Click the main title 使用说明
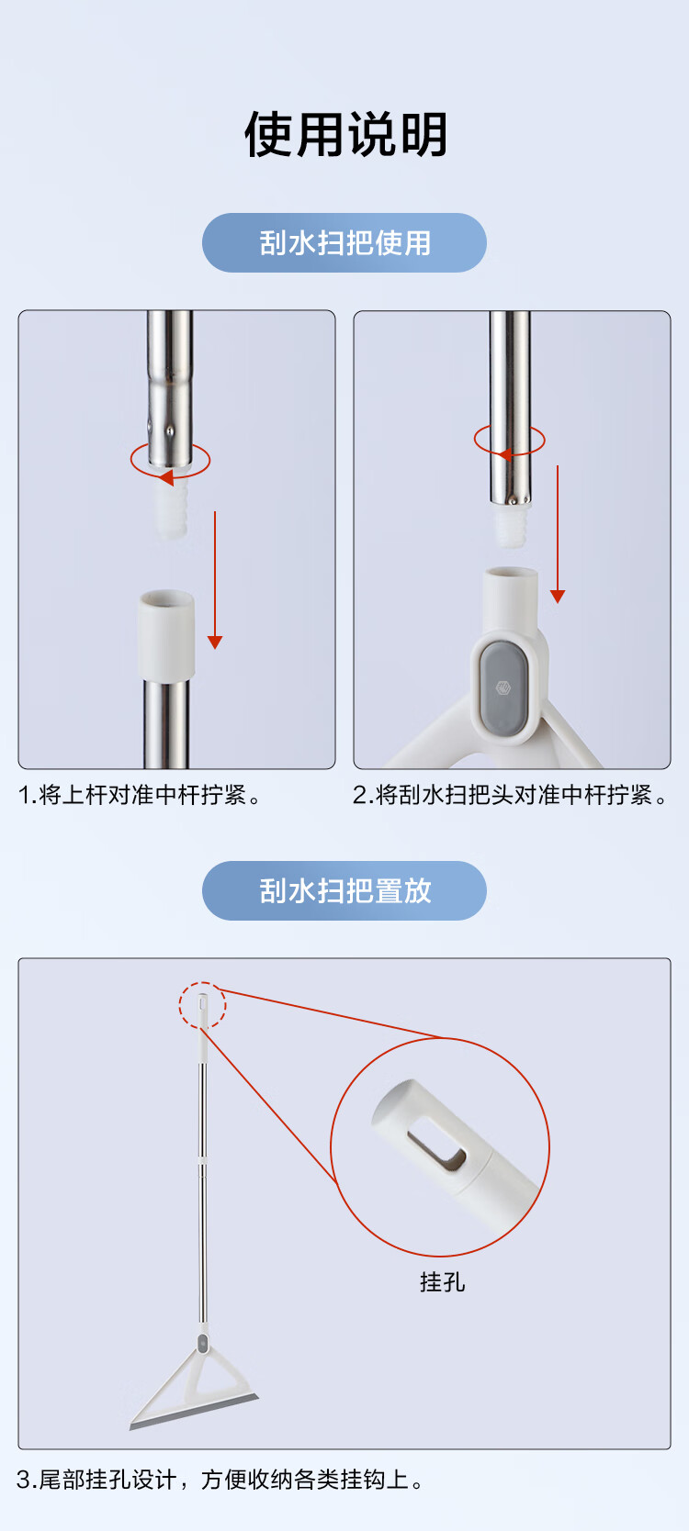[x=345, y=135]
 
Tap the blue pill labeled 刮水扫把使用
[x=344, y=243]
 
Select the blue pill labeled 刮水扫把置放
[x=344, y=890]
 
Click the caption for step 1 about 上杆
[x=141, y=795]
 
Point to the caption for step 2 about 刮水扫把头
[x=509, y=795]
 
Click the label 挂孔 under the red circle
[x=442, y=1281]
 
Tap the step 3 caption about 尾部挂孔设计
[x=220, y=1480]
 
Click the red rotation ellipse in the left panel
[x=170, y=461]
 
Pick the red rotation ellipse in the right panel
[x=509, y=441]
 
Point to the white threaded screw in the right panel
[x=510, y=526]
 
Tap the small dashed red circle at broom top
[x=202, y=1004]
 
